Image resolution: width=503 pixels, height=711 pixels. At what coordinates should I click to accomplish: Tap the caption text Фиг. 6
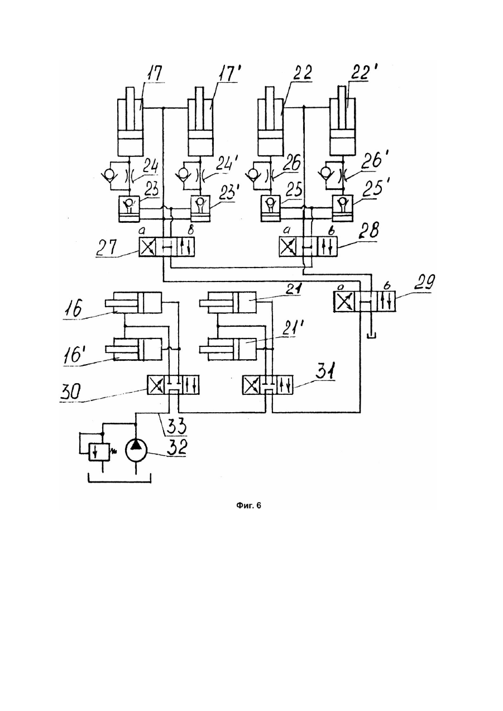[248, 505]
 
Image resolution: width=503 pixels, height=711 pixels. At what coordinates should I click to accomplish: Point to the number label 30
[71, 392]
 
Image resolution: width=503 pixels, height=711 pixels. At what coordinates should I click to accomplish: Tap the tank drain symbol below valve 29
[371, 336]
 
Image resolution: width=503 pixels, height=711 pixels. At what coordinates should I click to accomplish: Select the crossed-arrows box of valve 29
[343, 301]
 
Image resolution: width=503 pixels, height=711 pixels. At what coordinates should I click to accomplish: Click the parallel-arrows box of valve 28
[327, 247]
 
